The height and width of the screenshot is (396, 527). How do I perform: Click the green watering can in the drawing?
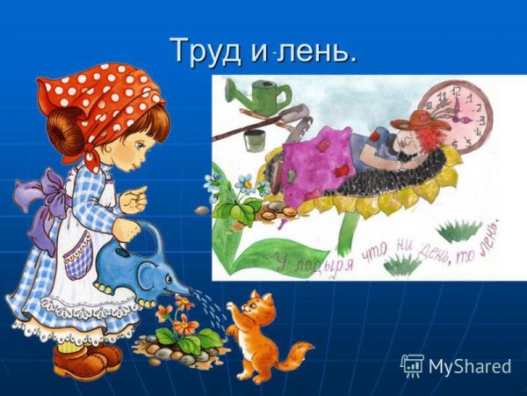click(264, 93)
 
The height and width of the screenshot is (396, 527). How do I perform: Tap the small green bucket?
click(255, 140)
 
